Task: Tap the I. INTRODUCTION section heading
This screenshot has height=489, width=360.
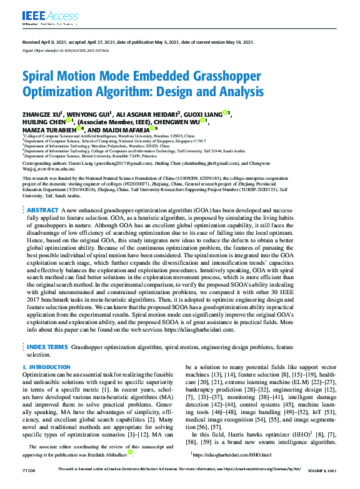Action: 46,367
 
